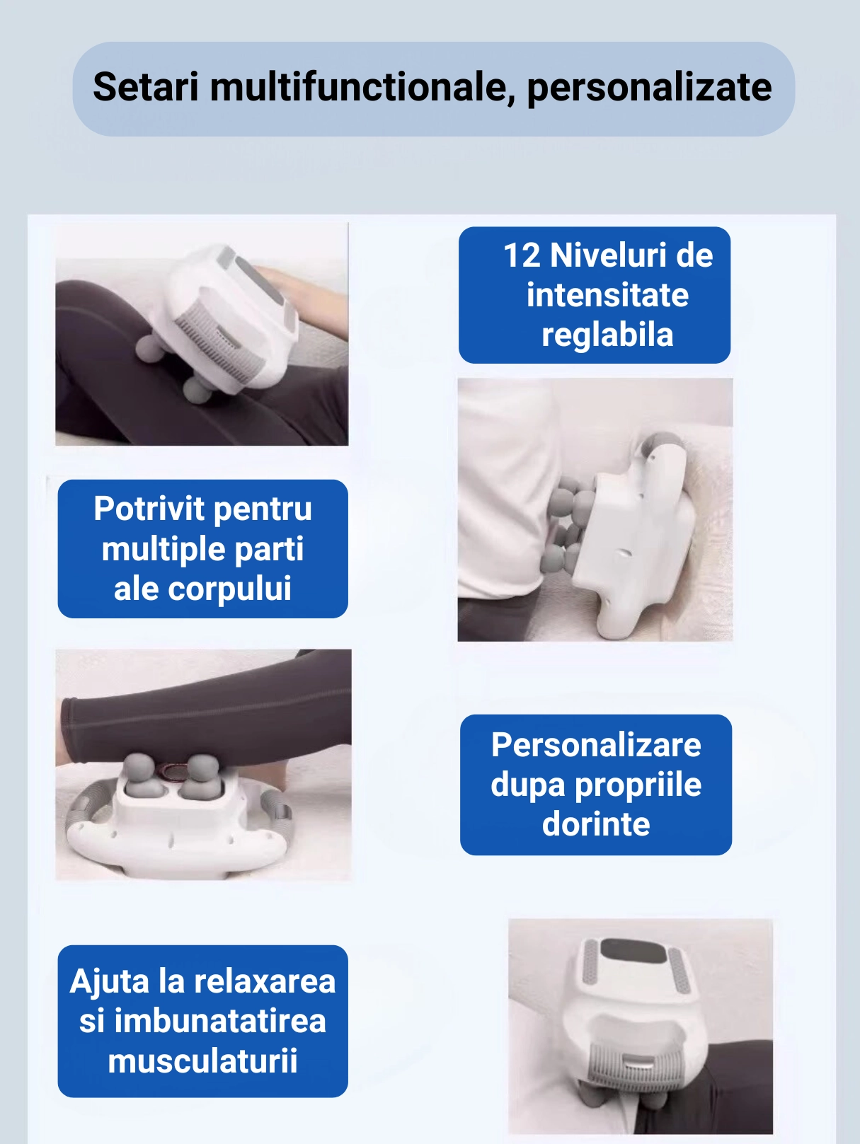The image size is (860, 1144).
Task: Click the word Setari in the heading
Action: [146, 86]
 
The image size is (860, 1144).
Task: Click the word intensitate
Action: [607, 295]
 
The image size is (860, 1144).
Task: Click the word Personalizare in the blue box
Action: [596, 745]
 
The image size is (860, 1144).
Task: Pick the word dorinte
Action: [596, 824]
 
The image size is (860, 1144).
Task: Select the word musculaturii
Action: [202, 1061]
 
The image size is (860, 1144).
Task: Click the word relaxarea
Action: [265, 981]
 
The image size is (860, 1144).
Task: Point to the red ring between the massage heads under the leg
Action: [171, 770]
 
